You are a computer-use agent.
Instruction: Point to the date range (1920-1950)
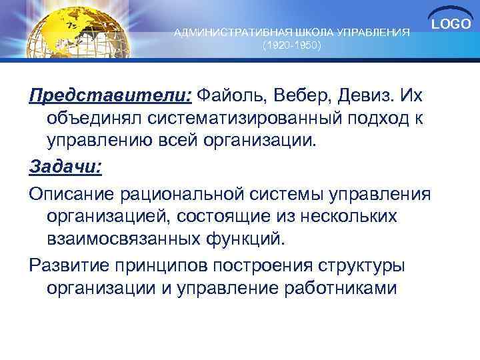[x=292, y=47]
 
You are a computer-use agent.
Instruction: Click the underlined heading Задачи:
[x=65, y=167]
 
